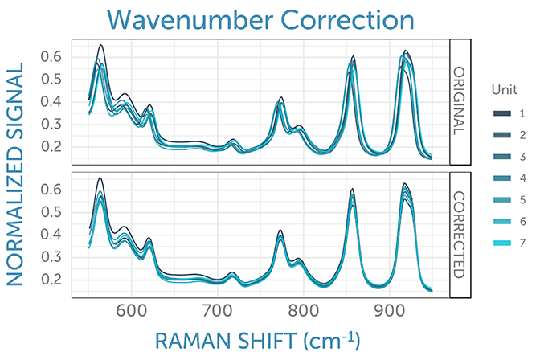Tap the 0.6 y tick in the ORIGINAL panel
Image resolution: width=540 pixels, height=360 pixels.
(x=51, y=57)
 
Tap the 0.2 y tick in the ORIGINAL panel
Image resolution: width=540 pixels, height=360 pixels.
(x=51, y=147)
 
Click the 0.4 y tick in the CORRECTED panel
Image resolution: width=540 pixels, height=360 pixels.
(x=51, y=235)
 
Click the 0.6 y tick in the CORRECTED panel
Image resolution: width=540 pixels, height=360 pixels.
(x=51, y=190)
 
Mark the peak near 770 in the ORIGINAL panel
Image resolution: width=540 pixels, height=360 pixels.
(x=281, y=98)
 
